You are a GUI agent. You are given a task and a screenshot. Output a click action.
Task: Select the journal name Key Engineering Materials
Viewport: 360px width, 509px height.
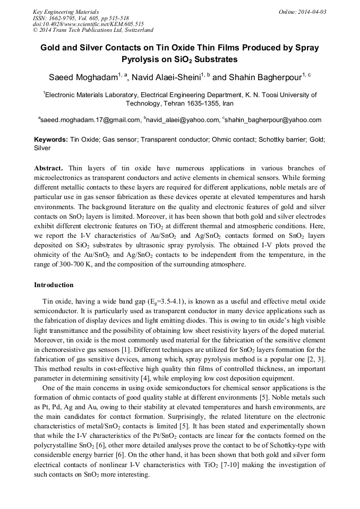pos(65,12)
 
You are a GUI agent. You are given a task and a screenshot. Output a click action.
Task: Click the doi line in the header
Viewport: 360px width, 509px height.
pos(88,24)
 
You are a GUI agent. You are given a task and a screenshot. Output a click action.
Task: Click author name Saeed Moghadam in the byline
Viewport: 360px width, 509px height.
pos(83,77)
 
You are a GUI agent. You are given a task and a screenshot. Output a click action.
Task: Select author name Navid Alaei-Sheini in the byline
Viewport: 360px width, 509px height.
pos(164,77)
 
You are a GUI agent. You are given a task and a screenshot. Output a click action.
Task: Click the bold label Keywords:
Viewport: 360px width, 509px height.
pos(51,140)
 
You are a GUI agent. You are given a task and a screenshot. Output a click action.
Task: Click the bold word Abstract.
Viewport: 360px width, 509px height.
pos(48,168)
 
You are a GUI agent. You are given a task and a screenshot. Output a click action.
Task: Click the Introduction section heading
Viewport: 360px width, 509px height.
pos(54,285)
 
